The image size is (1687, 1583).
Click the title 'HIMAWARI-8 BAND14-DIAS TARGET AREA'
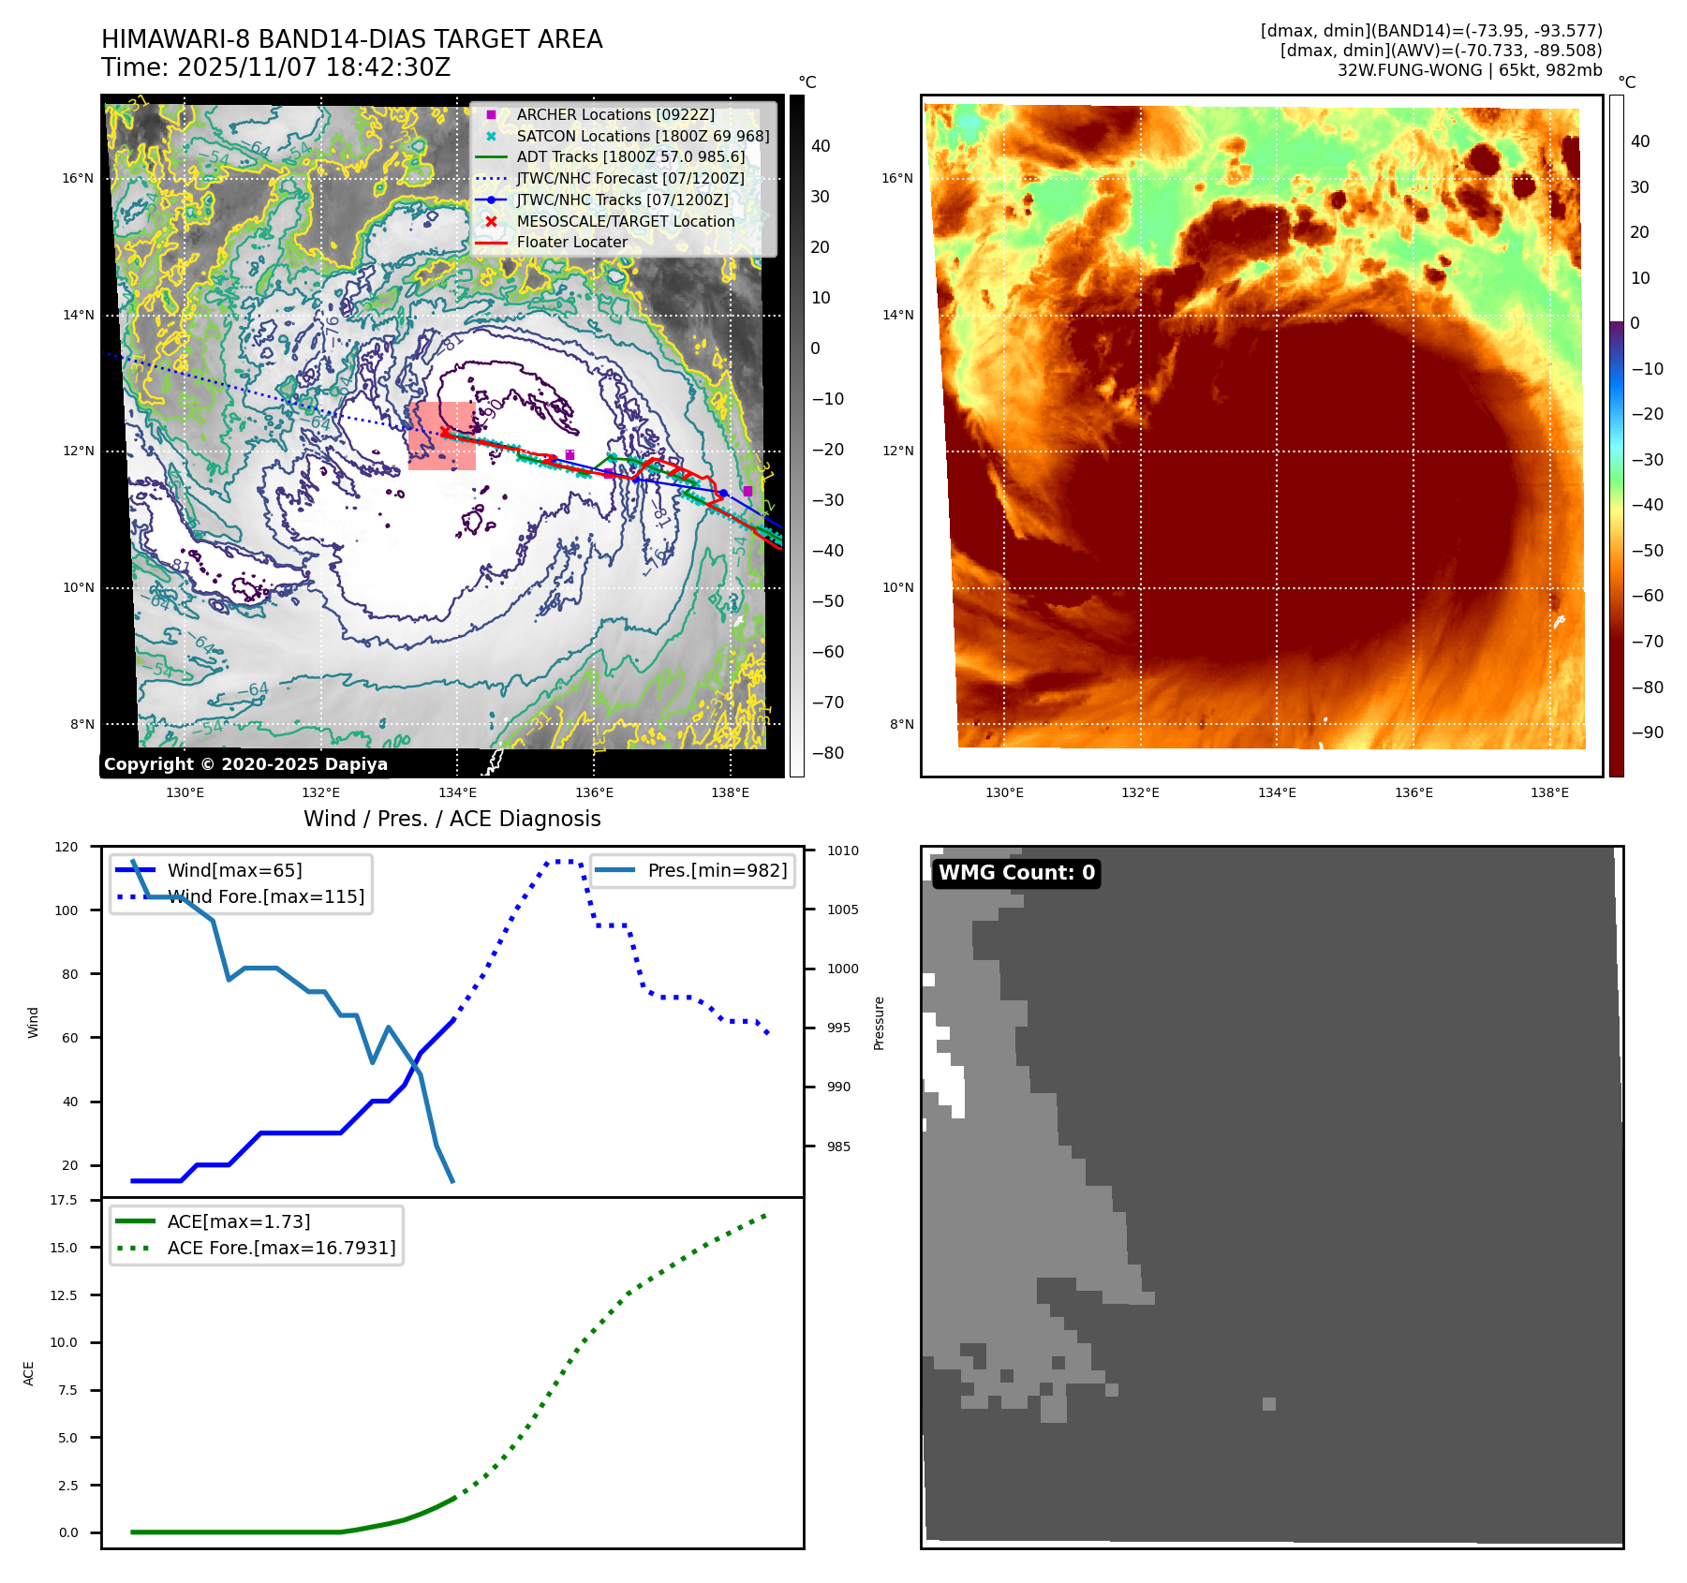point(351,39)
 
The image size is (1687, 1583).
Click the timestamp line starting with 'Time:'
point(275,67)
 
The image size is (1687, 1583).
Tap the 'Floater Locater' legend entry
point(571,242)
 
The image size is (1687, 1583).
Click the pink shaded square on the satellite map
point(441,436)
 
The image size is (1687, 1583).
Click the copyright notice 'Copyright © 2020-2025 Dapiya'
point(245,764)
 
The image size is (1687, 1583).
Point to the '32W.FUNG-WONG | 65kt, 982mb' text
point(1469,70)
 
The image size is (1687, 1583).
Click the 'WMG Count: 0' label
point(1016,873)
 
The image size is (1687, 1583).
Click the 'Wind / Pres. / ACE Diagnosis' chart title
point(451,819)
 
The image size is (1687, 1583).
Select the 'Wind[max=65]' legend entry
point(234,870)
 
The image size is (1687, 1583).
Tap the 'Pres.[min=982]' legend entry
point(717,870)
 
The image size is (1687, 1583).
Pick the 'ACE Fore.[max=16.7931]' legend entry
point(281,1248)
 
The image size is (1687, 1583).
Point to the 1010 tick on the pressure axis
point(842,851)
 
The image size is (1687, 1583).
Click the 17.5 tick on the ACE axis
point(64,1200)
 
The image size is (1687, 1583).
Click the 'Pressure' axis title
point(879,1023)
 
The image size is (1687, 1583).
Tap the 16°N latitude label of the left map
point(78,178)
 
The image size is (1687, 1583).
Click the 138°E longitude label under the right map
point(1549,792)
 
